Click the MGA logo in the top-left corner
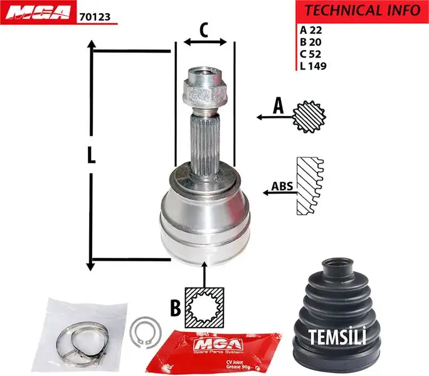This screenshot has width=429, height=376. pyautogui.click(x=38, y=14)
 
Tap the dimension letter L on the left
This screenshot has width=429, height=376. pyautogui.click(x=92, y=155)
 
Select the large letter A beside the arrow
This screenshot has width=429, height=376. pyautogui.click(x=278, y=107)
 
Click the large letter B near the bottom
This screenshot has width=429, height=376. pyautogui.click(x=176, y=307)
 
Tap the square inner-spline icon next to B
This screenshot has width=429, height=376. pyautogui.click(x=204, y=307)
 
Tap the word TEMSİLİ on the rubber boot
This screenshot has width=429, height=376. pyautogui.click(x=337, y=337)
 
